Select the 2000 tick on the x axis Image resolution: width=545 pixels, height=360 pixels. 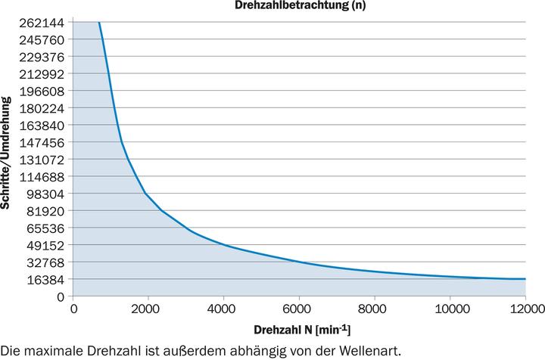(148, 309)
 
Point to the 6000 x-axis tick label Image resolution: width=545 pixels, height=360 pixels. (299, 309)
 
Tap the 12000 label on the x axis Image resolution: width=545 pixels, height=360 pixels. (524, 309)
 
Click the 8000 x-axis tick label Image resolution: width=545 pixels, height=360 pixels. (375, 309)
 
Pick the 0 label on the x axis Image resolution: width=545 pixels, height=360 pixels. (73, 309)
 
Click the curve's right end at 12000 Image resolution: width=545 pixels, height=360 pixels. (525, 279)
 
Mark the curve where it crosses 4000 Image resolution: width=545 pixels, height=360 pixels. (224, 245)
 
